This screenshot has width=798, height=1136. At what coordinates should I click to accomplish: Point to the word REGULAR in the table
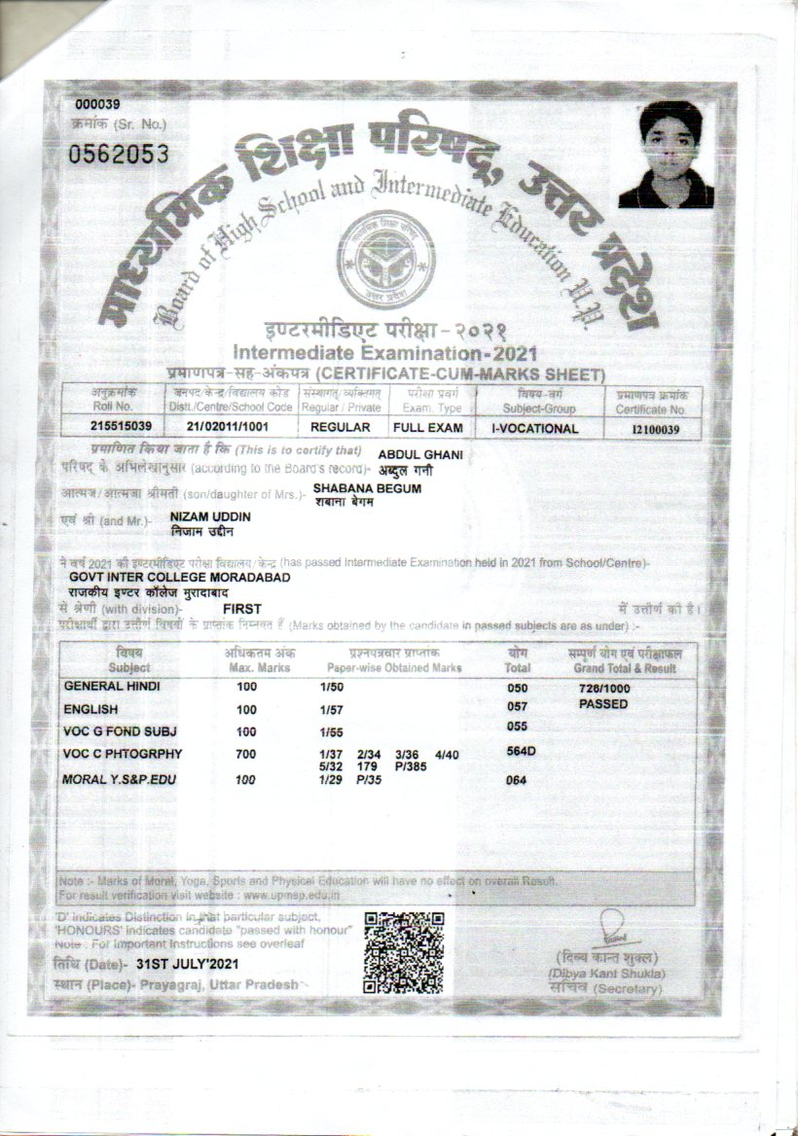pyautogui.click(x=340, y=428)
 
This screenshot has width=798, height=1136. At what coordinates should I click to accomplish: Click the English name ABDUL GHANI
pyautogui.click(x=419, y=454)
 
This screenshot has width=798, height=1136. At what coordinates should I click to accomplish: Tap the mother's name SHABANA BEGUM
pyautogui.click(x=367, y=488)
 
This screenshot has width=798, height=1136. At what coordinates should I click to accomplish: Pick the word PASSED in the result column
pyautogui.click(x=603, y=703)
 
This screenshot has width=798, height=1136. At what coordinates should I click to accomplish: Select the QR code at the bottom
pyautogui.click(x=403, y=951)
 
